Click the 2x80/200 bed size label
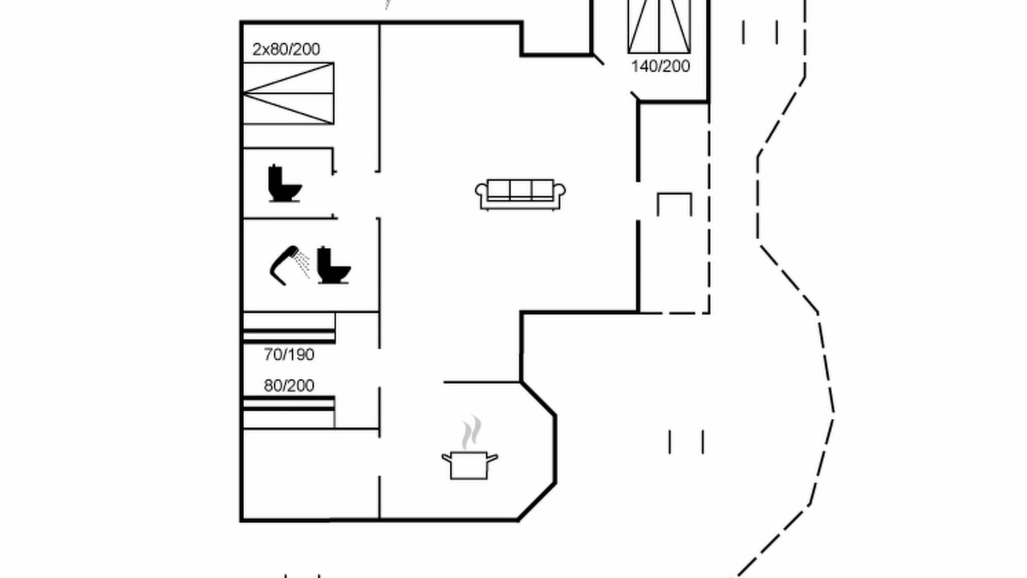pyautogui.click(x=286, y=50)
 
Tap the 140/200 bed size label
pyautogui.click(x=660, y=67)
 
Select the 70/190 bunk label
pyautogui.click(x=289, y=355)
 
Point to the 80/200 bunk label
pyautogui.click(x=289, y=385)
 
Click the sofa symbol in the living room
pyautogui.click(x=520, y=195)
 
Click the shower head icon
pyautogui.click(x=284, y=265)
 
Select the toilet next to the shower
pyautogui.click(x=333, y=265)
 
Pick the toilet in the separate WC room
pyautogui.click(x=285, y=184)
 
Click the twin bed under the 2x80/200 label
pyautogui.click(x=288, y=94)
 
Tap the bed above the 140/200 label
pyautogui.click(x=660, y=26)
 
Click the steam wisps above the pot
pyautogui.click(x=472, y=433)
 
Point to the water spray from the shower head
pyautogui.click(x=302, y=265)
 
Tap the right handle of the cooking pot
pyautogui.click(x=493, y=458)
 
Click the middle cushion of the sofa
pyautogui.click(x=521, y=189)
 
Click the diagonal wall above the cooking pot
pyautogui.click(x=538, y=399)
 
